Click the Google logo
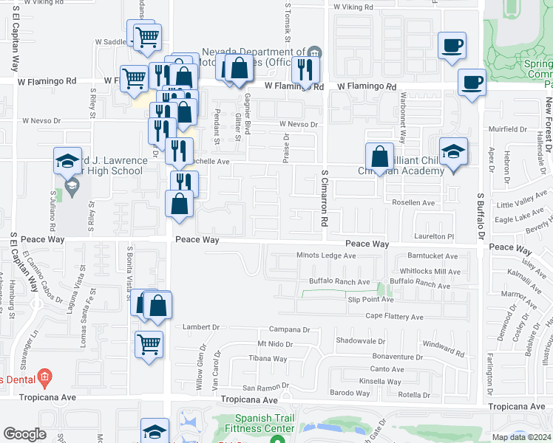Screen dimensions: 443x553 tap(24, 434)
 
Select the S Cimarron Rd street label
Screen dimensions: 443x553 tap(323, 198)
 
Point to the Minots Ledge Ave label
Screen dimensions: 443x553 tap(326, 255)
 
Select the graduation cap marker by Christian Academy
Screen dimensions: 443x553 tap(453, 151)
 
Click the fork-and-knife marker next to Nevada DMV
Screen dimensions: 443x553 tap(304, 69)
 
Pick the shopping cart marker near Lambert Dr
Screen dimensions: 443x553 tap(149, 343)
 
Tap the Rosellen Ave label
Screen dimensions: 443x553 tap(413, 202)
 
